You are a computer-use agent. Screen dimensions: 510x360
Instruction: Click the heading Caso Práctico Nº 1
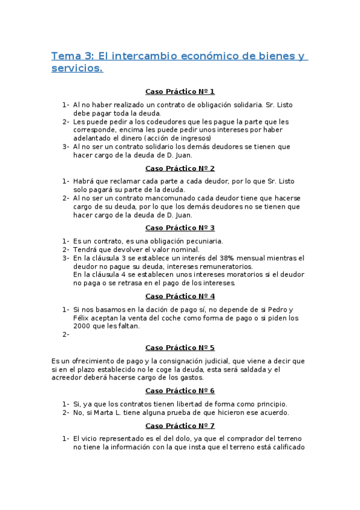tap(180, 91)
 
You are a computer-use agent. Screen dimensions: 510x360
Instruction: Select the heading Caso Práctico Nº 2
tap(180, 168)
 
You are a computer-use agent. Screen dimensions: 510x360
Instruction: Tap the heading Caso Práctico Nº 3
tap(180, 228)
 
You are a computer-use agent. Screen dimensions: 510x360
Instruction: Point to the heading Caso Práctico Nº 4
tap(180, 296)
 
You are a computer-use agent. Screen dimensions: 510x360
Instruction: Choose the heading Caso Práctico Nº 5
tap(180, 348)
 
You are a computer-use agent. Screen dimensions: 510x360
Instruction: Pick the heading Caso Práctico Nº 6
tap(180, 391)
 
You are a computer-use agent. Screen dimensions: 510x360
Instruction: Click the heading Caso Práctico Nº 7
tap(180, 426)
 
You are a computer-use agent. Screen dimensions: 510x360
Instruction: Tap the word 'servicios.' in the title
tap(78, 69)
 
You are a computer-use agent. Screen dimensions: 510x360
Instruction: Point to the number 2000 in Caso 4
tap(83, 327)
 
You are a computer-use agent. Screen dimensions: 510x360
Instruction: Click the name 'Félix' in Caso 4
tap(82, 318)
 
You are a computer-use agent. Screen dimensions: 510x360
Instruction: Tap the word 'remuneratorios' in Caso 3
tap(226, 266)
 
